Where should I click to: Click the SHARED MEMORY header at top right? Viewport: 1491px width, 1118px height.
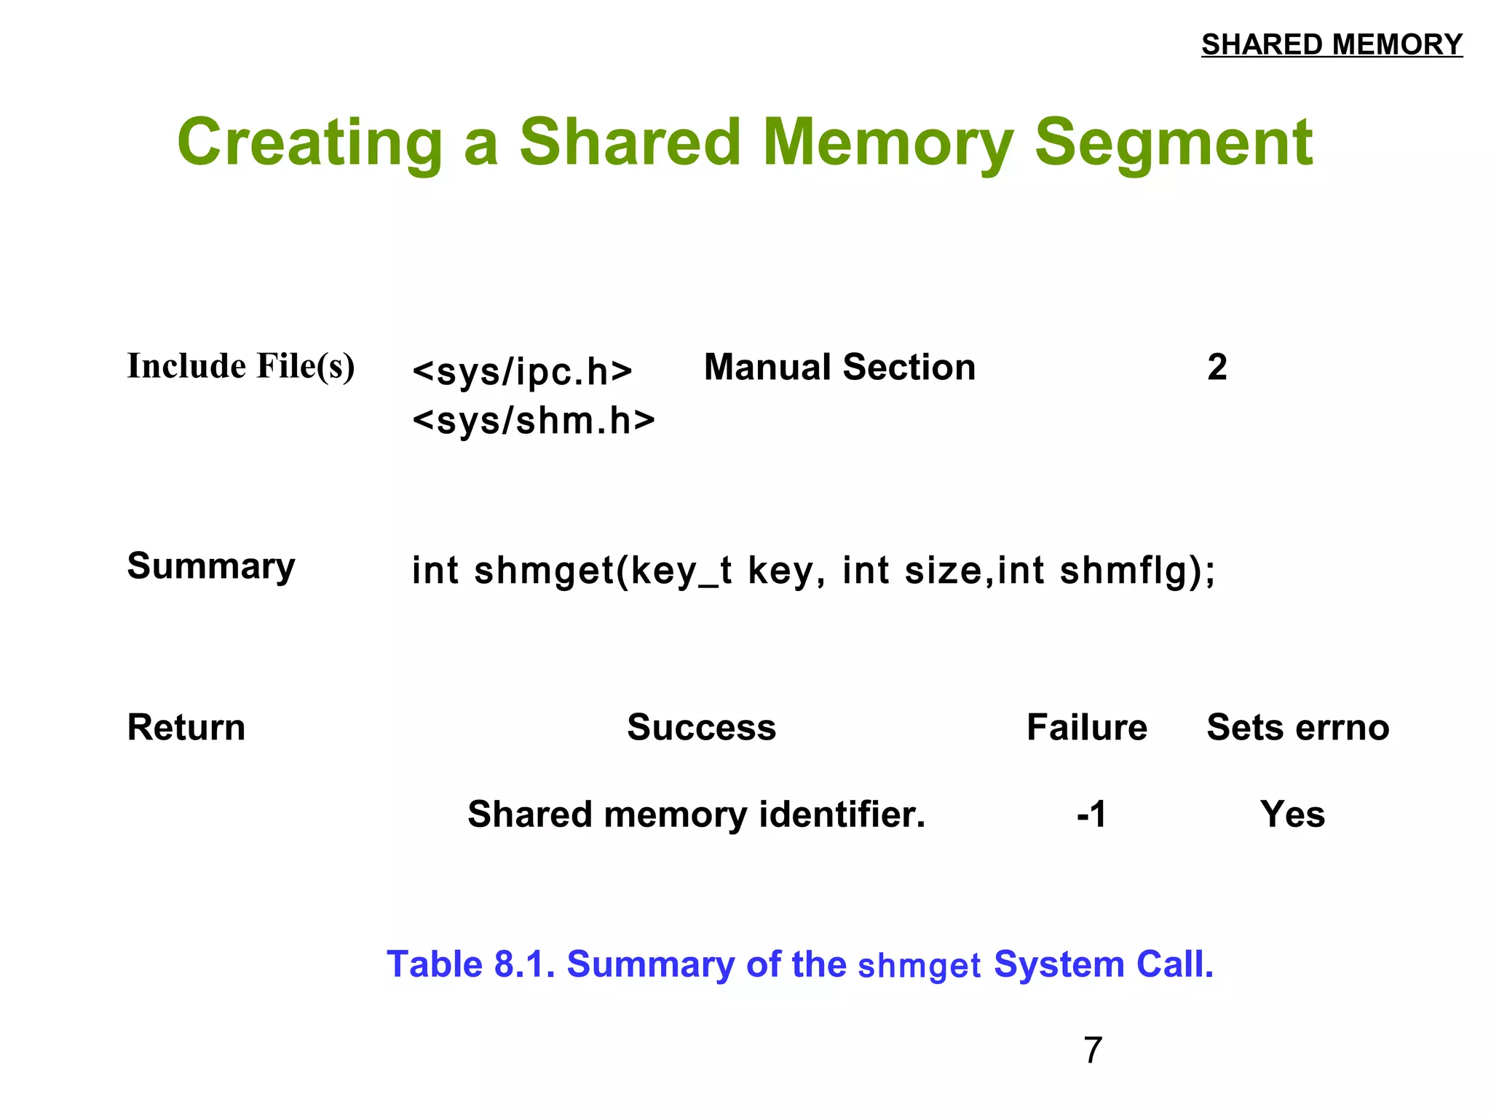click(x=1331, y=44)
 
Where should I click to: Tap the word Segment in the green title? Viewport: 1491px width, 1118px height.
click(x=1174, y=143)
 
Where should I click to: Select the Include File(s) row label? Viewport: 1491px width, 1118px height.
click(x=241, y=366)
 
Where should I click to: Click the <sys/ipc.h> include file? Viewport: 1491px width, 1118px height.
click(x=522, y=371)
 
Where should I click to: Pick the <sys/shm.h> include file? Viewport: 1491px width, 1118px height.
click(x=534, y=421)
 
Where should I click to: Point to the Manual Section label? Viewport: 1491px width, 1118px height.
click(x=839, y=367)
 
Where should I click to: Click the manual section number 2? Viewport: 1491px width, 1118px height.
click(x=1217, y=367)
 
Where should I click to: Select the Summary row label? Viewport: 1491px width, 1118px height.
click(x=211, y=566)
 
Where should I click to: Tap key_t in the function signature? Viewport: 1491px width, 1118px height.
click(x=681, y=570)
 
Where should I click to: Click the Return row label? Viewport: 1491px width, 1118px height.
click(x=186, y=727)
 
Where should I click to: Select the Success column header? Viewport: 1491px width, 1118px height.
click(x=702, y=727)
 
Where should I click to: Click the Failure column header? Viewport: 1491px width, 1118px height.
click(x=1086, y=727)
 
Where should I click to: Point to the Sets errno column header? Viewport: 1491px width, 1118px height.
click(x=1298, y=727)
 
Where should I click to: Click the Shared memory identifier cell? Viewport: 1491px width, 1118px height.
click(x=696, y=814)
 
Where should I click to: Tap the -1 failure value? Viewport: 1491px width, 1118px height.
click(x=1091, y=814)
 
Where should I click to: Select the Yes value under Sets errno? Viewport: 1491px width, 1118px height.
click(x=1292, y=814)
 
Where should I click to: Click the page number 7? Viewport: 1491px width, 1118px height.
click(x=1093, y=1050)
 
